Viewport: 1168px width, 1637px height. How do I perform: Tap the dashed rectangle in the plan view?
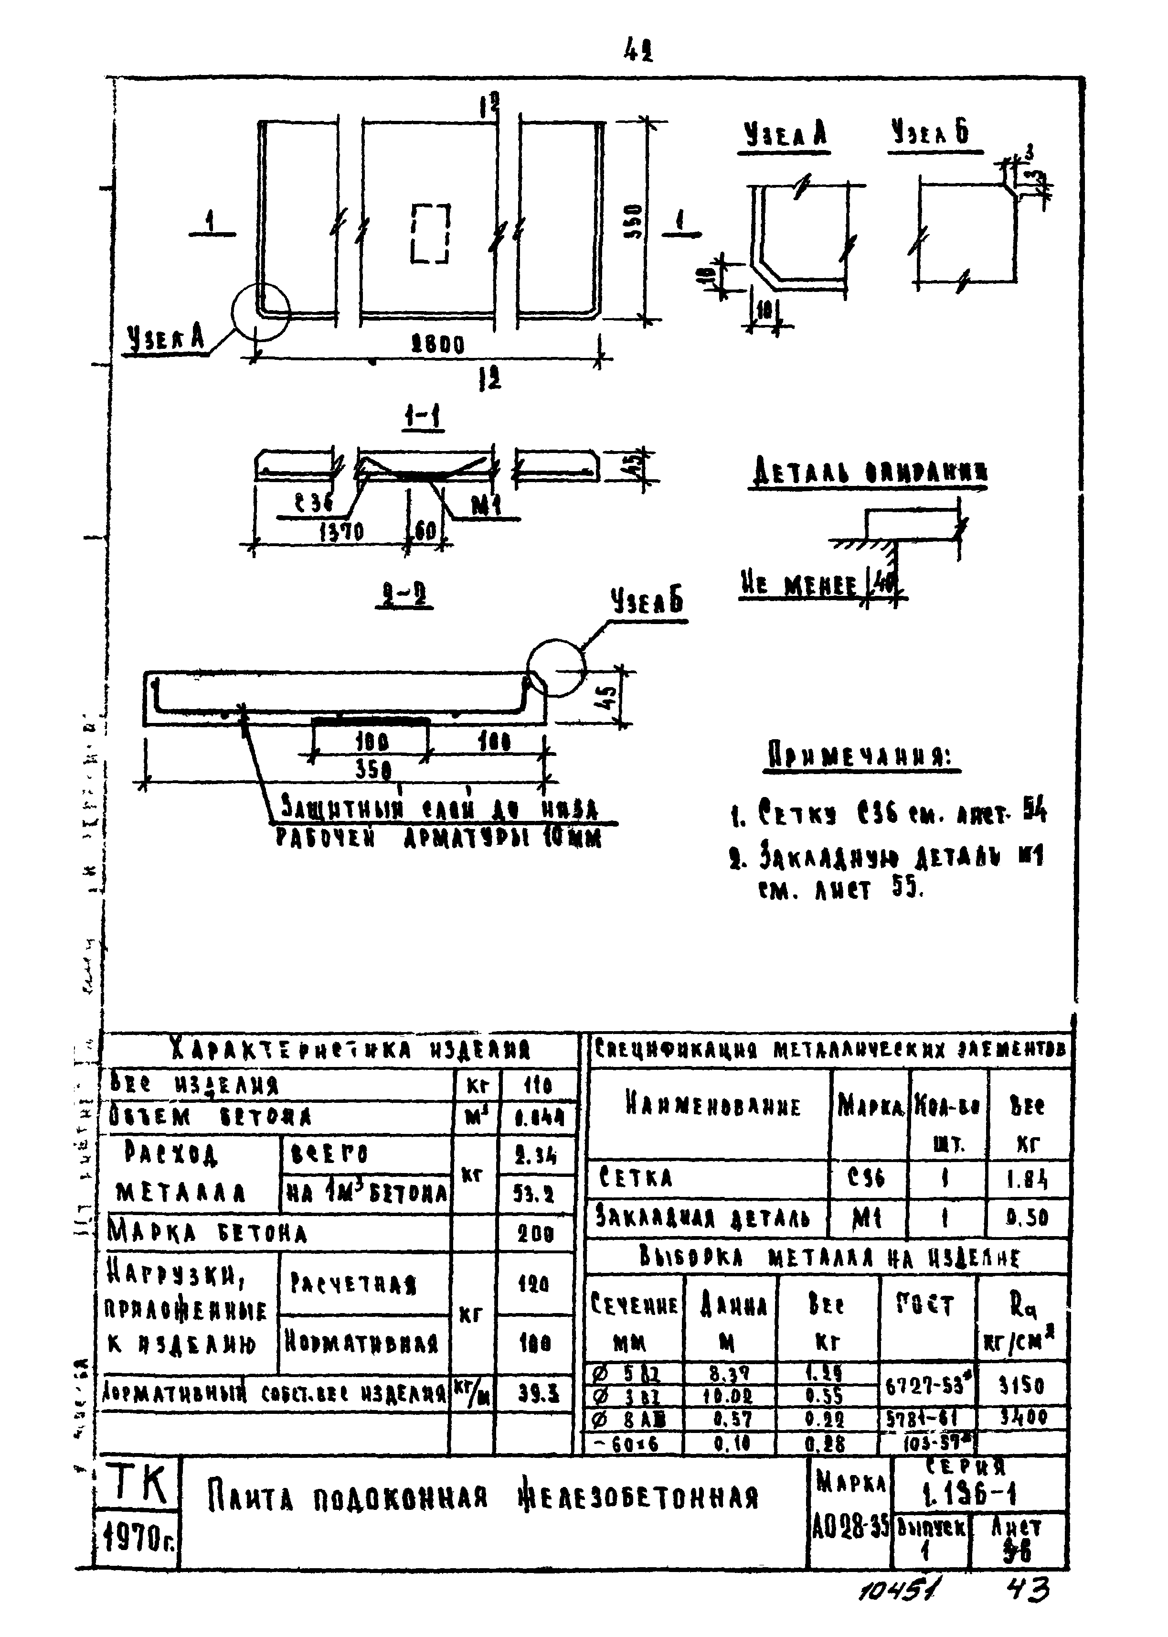coord(431,233)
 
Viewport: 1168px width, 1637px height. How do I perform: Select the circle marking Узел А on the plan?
coord(260,311)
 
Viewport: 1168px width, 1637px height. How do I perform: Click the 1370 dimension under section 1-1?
coord(341,532)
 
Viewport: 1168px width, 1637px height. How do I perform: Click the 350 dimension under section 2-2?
coord(373,770)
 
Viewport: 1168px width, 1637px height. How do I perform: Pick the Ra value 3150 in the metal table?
coord(1021,1386)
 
